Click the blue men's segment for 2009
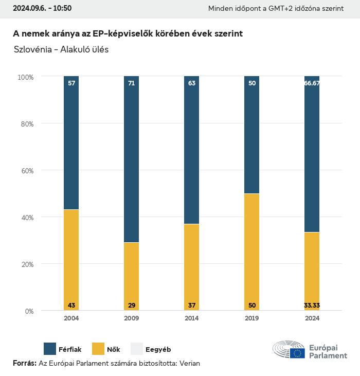[x=132, y=159]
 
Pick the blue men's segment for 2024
[x=312, y=154]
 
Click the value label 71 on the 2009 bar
[x=132, y=83]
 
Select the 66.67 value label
[x=312, y=83]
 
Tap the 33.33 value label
[x=312, y=306]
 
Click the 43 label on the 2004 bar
[x=71, y=306]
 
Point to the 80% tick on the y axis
[x=26, y=124]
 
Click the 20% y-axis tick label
[x=26, y=264]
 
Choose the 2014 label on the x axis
[x=192, y=318]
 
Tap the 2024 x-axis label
[x=312, y=318]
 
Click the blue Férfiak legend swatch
[x=50, y=349]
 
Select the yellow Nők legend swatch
[x=98, y=349]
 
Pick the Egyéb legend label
[x=158, y=349]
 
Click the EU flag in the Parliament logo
[x=297, y=353]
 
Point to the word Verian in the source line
[x=189, y=363]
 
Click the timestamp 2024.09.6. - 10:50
[x=42, y=8]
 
